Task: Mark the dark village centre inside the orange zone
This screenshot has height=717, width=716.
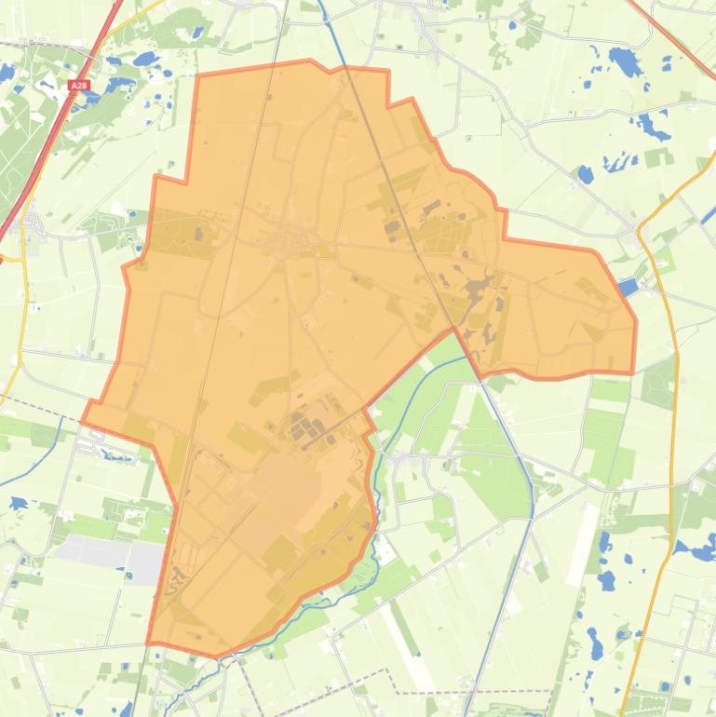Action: [x=284, y=244]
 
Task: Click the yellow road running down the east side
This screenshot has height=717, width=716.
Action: [x=671, y=419]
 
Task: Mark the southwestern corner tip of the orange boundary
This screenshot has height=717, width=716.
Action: [x=148, y=643]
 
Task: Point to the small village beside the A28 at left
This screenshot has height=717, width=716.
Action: [x=34, y=225]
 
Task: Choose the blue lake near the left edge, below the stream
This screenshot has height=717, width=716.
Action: [x=17, y=504]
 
